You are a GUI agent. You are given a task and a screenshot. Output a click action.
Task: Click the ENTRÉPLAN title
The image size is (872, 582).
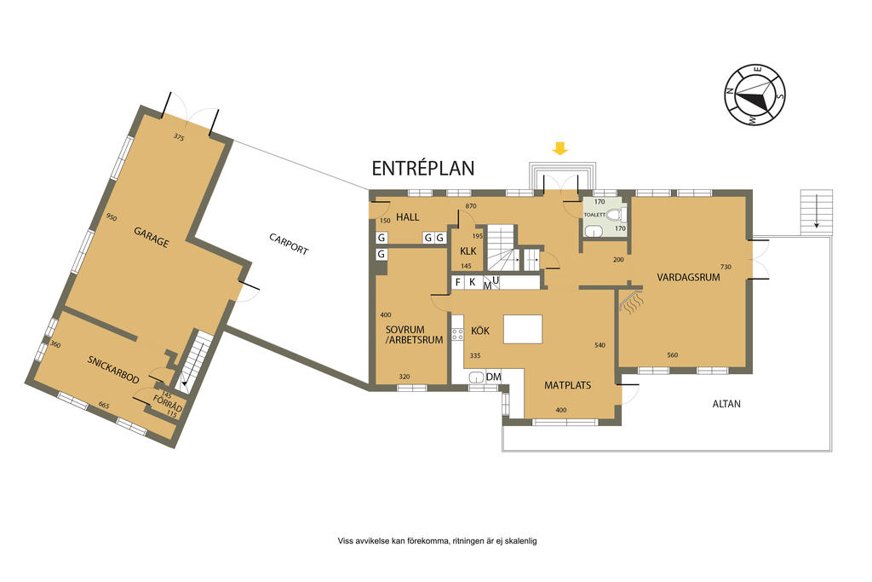click(423, 168)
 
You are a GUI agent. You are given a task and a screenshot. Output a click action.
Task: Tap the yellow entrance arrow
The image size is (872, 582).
click(560, 148)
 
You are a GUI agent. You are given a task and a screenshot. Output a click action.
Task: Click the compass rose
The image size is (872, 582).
click(755, 95)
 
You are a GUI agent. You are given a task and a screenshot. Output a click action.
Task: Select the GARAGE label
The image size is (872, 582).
click(151, 237)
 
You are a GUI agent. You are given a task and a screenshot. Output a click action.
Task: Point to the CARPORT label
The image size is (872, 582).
click(289, 244)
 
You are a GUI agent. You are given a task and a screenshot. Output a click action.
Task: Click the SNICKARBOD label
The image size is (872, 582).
click(113, 369)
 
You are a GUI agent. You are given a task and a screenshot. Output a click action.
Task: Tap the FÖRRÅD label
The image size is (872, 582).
click(168, 404)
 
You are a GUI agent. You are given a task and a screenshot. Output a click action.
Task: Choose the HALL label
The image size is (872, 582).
click(408, 217)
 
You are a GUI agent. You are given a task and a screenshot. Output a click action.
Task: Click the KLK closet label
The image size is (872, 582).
click(468, 251)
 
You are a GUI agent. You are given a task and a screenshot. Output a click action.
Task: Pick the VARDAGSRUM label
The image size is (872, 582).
click(688, 277)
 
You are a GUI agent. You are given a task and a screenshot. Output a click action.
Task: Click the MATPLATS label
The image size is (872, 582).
click(568, 385)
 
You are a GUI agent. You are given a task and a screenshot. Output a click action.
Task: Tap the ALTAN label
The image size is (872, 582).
click(726, 404)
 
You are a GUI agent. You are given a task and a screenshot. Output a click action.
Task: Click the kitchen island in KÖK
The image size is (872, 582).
click(523, 330)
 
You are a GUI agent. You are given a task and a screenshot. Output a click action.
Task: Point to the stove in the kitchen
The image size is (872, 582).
click(457, 334)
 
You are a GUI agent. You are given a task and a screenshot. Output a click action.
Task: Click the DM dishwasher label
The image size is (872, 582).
click(493, 377)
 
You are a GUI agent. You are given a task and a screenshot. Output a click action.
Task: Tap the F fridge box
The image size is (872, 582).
click(457, 282)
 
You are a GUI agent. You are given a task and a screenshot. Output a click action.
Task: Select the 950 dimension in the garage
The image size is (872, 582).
click(112, 217)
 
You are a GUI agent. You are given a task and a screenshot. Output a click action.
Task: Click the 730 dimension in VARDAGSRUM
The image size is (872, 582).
click(726, 267)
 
